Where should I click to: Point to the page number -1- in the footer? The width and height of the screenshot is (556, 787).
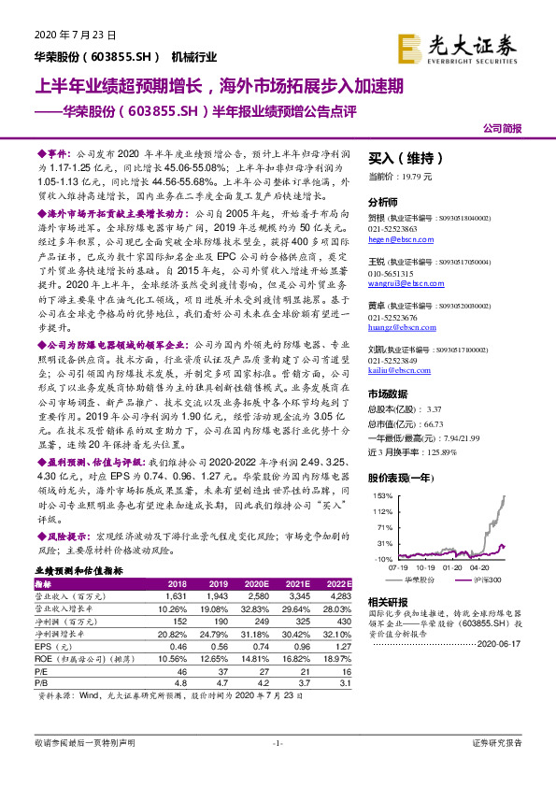click(277, 768)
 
